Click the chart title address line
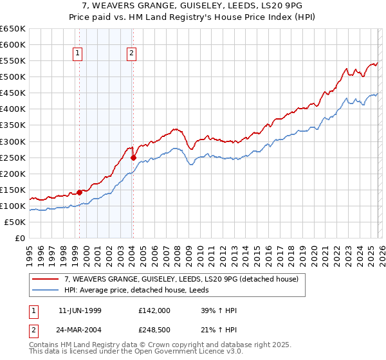pyautogui.click(x=192, y=5)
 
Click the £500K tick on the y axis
pyautogui.click(x=13, y=77)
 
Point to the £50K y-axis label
pyautogui.click(x=15, y=222)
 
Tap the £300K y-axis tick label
pyautogui.click(x=13, y=141)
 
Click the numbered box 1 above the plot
pyautogui.click(x=78, y=54)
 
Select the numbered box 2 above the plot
pyautogui.click(x=131, y=54)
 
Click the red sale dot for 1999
pyautogui.click(x=79, y=192)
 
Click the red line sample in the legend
pyautogui.click(x=45, y=280)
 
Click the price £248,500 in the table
pyautogui.click(x=154, y=330)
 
